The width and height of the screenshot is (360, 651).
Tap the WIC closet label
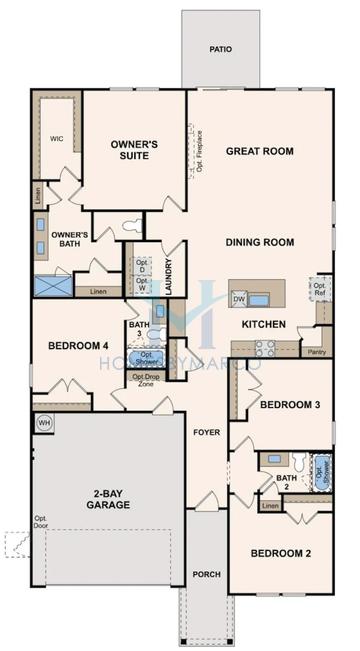click(x=57, y=139)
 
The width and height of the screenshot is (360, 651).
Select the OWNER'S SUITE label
click(x=135, y=151)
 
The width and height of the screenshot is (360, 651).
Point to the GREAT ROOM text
click(x=259, y=151)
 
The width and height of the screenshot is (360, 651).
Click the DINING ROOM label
click(x=259, y=241)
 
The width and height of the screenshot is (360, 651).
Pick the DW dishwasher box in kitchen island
click(x=239, y=298)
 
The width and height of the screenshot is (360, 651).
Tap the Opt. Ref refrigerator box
click(x=320, y=290)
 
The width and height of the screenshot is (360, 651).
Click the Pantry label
click(x=318, y=352)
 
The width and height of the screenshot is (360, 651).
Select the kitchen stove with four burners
click(x=265, y=348)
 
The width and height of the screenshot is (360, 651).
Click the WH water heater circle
click(x=44, y=424)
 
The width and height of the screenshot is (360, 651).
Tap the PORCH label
click(x=207, y=574)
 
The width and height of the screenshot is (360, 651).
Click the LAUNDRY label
click(x=169, y=273)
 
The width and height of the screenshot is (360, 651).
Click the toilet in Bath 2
click(x=297, y=461)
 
